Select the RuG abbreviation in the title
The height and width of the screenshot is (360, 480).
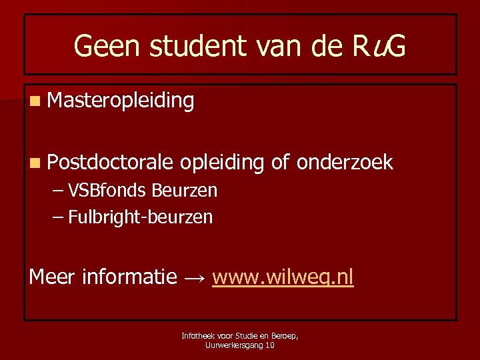coord(377,46)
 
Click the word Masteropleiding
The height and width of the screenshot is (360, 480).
coord(121,101)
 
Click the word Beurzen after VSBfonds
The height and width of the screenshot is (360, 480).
coord(184,191)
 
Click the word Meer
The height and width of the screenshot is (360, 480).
coord(52,276)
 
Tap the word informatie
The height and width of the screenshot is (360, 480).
coord(129,276)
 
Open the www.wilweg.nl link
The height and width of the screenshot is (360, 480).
coord(283,276)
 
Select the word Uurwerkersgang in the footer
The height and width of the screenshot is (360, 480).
coord(233,345)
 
